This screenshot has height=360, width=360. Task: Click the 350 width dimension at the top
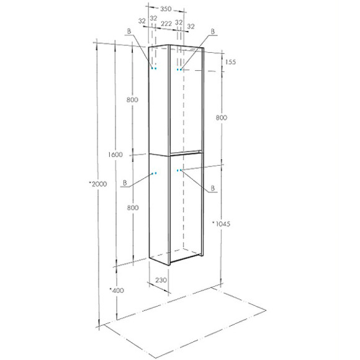pyautogui.click(x=166, y=9)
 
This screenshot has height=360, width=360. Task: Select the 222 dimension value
pyautogui.click(x=166, y=22)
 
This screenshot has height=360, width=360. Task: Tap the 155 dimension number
pyautogui.click(x=231, y=61)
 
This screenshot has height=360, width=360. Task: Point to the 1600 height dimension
pyautogui.click(x=114, y=155)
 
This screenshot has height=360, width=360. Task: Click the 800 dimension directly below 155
pyautogui.click(x=222, y=117)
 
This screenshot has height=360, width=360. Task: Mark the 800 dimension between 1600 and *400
pyautogui.click(x=132, y=209)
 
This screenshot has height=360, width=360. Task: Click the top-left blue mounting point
pyautogui.click(x=155, y=68)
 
